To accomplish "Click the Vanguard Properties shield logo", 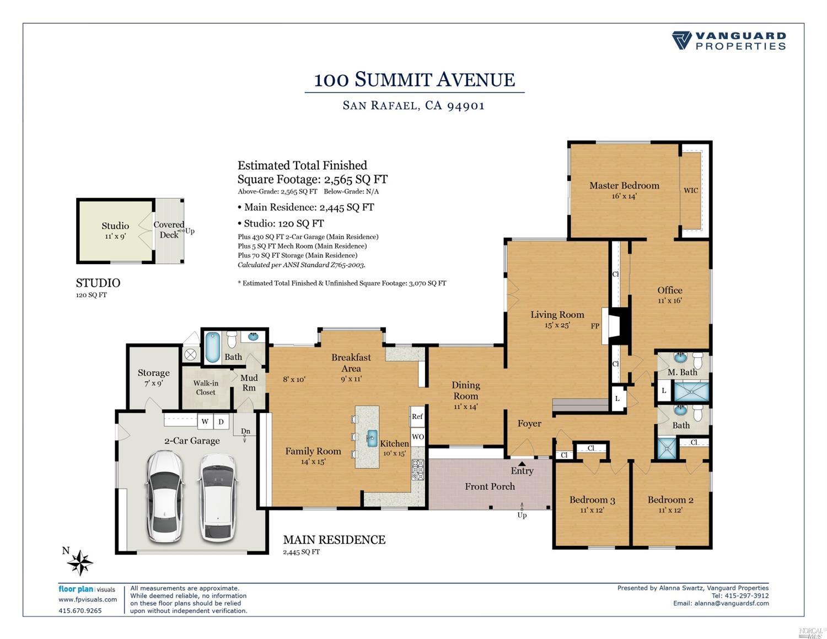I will tap(681, 40).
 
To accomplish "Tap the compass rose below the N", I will tap(80, 563).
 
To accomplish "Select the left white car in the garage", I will tap(165, 496).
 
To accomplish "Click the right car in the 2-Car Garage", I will tap(218, 497).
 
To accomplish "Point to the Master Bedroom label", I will tap(624, 186).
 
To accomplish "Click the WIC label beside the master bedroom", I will tap(691, 190).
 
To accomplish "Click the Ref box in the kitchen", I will tap(417, 417).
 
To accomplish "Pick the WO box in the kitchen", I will tap(417, 437).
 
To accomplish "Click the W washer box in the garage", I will tap(205, 422).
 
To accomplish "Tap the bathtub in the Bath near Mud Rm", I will tap(213, 347).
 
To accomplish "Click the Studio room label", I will tap(115, 226).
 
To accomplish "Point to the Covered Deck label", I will tap(169, 229).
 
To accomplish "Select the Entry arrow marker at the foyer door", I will tap(522, 463).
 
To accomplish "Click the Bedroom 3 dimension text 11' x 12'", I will tap(592, 510).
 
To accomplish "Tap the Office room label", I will tap(670, 291).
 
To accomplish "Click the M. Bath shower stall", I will tap(692, 391).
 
